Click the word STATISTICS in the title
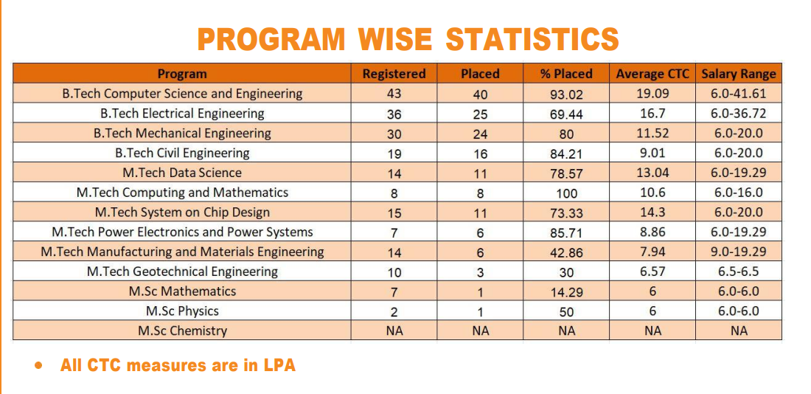532,38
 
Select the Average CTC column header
652,74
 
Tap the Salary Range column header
739,74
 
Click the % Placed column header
566,74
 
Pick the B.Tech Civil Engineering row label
182,153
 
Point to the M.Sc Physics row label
182,311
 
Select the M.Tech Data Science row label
182,173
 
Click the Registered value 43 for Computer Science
394,94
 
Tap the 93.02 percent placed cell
566,94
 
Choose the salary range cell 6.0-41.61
739,94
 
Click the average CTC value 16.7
652,114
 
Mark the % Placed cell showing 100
566,193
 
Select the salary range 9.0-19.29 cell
739,252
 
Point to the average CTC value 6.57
652,272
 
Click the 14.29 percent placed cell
566,292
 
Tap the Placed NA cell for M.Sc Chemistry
480,331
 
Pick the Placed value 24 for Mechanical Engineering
480,134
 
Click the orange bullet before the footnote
38,365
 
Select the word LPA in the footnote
279,365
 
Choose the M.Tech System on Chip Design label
182,212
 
